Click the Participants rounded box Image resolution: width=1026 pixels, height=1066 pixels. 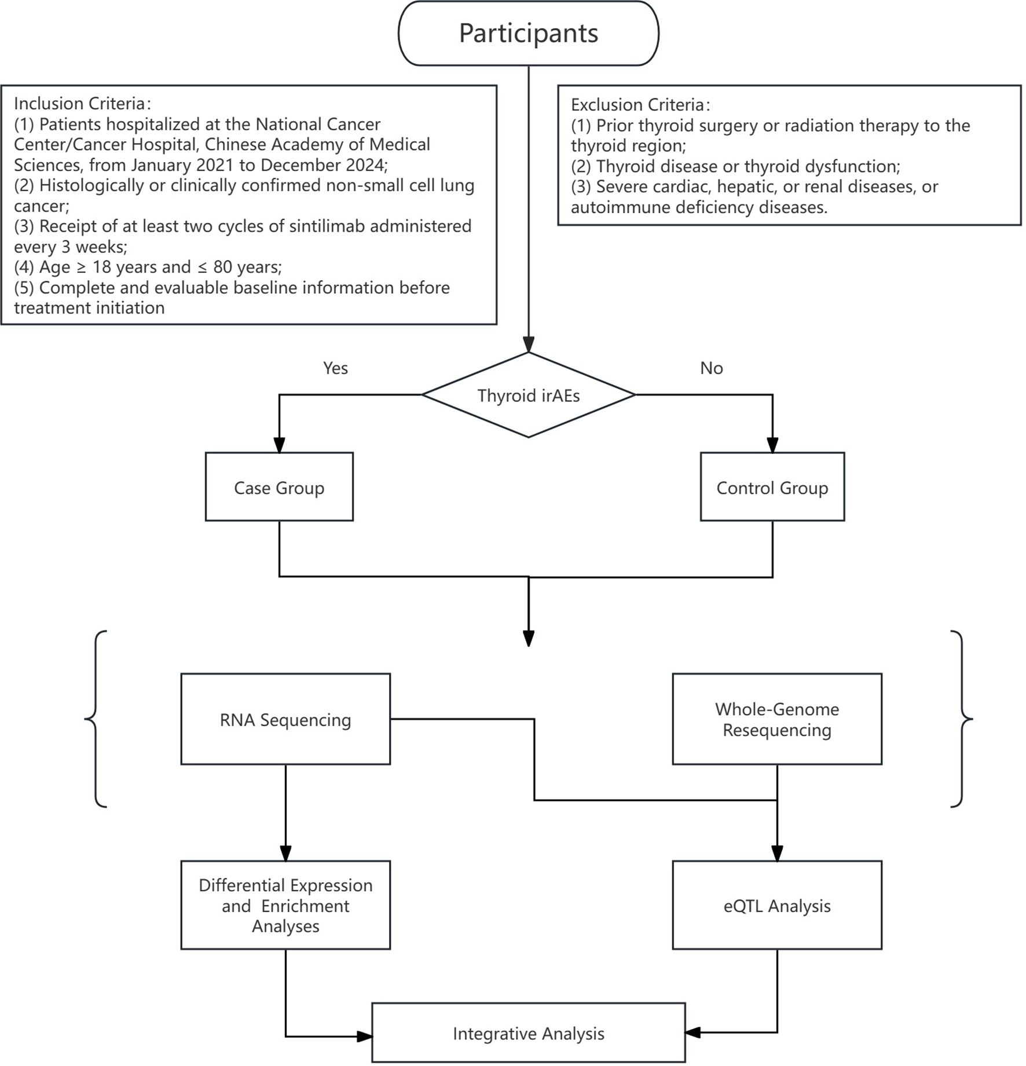click(x=528, y=33)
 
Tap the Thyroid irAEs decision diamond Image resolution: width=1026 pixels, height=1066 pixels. click(x=528, y=395)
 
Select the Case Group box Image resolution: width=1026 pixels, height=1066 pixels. click(x=279, y=487)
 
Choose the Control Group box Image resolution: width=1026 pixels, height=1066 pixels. click(x=772, y=487)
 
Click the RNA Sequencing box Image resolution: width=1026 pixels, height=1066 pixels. click(x=285, y=719)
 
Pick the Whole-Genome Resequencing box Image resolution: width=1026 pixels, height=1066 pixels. click(x=776, y=719)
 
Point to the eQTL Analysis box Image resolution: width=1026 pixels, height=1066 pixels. click(x=776, y=906)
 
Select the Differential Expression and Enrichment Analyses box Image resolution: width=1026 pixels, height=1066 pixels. click(x=285, y=906)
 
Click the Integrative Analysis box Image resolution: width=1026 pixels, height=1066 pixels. click(x=528, y=1034)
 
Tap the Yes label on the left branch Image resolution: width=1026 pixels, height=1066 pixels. click(x=335, y=368)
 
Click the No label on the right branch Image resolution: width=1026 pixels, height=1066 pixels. click(x=711, y=368)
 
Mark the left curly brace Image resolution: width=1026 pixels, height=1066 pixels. click(x=96, y=719)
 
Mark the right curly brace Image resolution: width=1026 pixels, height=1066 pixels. click(x=961, y=719)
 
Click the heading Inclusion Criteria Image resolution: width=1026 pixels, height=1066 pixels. click(x=80, y=104)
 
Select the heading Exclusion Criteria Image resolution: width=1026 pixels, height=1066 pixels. click(x=637, y=105)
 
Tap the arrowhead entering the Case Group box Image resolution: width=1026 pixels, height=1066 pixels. click(x=279, y=445)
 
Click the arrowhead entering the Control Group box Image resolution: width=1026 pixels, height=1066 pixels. click(x=772, y=445)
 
